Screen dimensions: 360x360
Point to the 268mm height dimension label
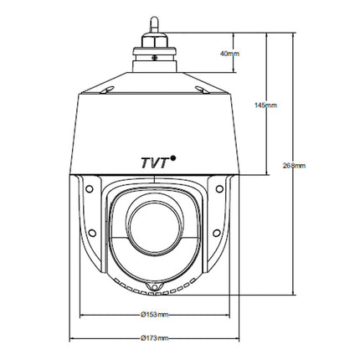coord(295,166)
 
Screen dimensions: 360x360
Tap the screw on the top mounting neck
coord(154,58)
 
